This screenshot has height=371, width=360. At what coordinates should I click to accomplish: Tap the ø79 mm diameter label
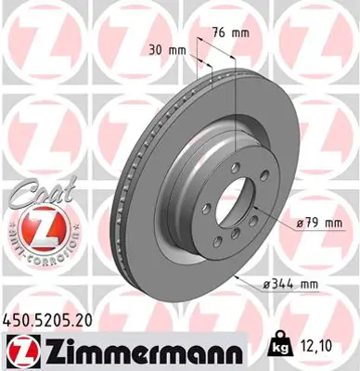pos(313,222)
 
